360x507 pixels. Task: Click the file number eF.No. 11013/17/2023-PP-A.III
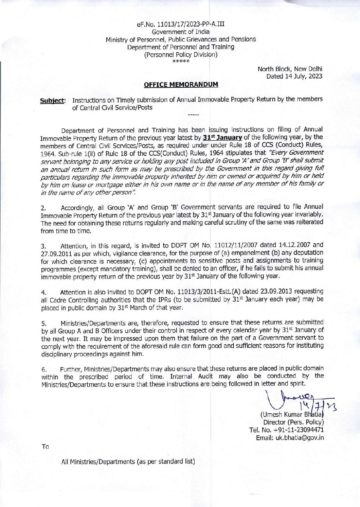click(180, 24)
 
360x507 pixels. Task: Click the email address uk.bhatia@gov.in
click(290, 438)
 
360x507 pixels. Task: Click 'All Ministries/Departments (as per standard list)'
click(128, 461)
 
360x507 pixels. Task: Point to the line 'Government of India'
click(180, 32)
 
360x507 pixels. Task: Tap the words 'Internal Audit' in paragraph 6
click(192, 377)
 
